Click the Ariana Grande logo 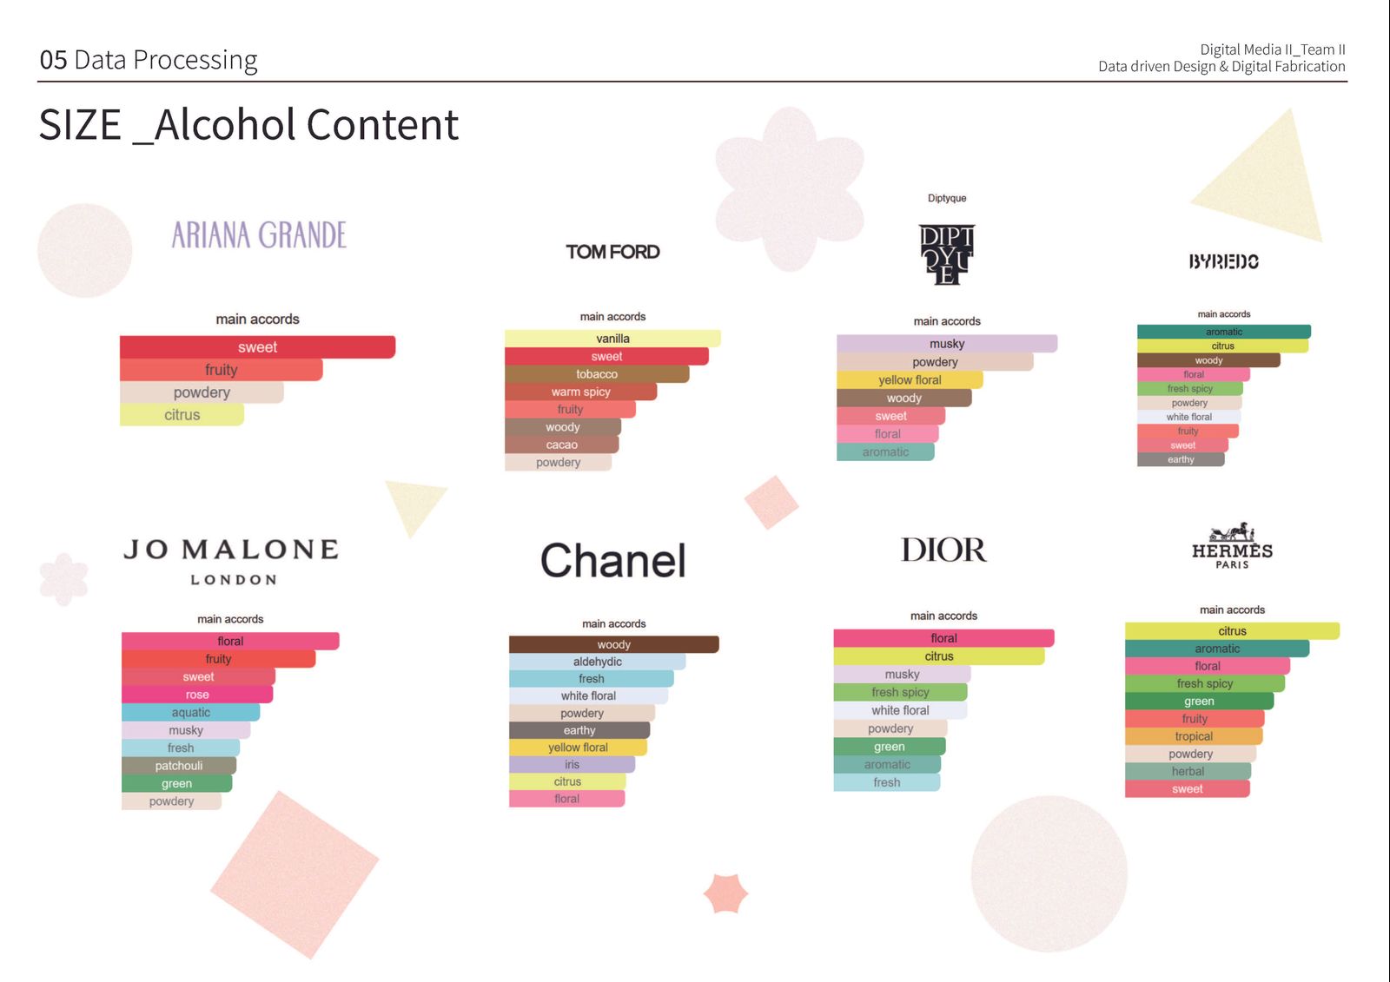(x=259, y=235)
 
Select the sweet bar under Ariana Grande (x=257, y=346)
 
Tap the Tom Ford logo (x=612, y=252)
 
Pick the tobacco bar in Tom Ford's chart (x=596, y=374)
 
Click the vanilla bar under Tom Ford (x=612, y=338)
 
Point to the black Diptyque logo (x=946, y=254)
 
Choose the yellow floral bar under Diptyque (x=910, y=379)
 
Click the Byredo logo (x=1224, y=262)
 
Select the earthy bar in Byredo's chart (x=1181, y=459)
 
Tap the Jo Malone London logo (x=231, y=562)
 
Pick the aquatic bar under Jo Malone (x=190, y=712)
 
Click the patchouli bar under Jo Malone (x=179, y=766)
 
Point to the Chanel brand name (x=613, y=560)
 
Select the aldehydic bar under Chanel (x=597, y=662)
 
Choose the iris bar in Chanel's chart (x=572, y=764)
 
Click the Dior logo (x=943, y=550)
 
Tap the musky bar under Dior (x=903, y=674)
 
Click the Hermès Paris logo (x=1232, y=545)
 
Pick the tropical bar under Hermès (x=1194, y=736)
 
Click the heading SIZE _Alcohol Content (x=248, y=125)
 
